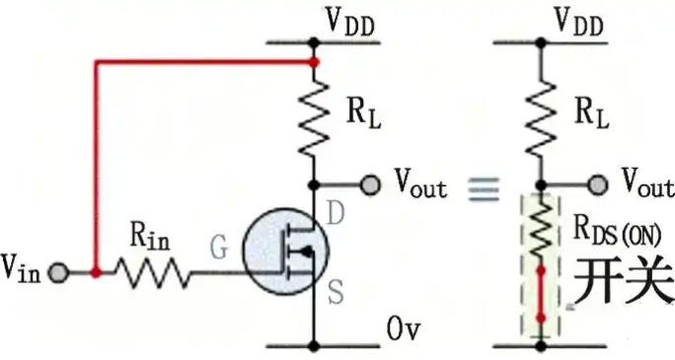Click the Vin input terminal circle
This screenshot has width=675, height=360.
(58, 272)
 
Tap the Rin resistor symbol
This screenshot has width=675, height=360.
(152, 272)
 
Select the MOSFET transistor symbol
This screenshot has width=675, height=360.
(286, 252)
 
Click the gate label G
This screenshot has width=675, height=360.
(219, 248)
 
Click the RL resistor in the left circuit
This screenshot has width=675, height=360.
(314, 117)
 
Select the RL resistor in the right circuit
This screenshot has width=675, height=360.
(541, 117)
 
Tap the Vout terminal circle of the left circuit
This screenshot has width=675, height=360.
(370, 185)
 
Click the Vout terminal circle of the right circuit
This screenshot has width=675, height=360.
(597, 185)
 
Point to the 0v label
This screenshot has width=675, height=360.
(403, 329)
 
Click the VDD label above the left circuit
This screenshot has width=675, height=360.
(350, 21)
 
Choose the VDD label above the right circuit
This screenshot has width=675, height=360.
(578, 21)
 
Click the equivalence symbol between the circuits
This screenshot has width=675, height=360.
(484, 189)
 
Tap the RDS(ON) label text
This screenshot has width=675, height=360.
(618, 231)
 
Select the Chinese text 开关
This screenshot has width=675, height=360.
(624, 280)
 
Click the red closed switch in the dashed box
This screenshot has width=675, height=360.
(541, 294)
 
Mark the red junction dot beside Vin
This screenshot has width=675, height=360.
(96, 272)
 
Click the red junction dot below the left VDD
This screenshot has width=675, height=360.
(314, 62)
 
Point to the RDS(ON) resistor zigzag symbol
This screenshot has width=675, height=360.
(541, 227)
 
